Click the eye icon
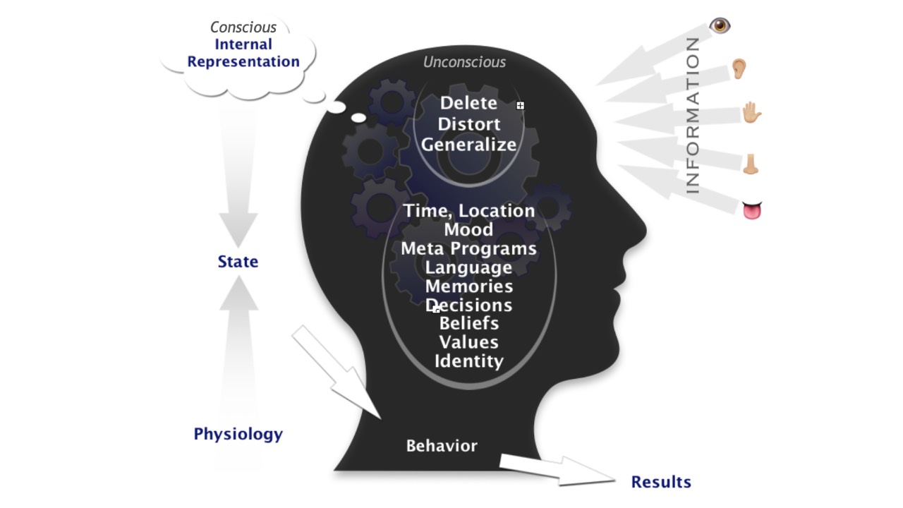coord(720,26)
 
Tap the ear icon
coord(738,68)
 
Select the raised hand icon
coord(752,113)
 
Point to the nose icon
coord(751,164)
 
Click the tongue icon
coord(752,210)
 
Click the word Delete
coord(468,103)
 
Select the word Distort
coord(469,124)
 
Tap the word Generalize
coord(469,145)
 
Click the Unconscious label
coord(464,62)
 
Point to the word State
coord(238,262)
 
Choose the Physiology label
coord(238,434)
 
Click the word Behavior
coord(442,446)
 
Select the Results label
coord(661,483)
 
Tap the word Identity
coord(468,361)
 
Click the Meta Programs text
coord(468,249)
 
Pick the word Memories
coord(468,286)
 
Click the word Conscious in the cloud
coord(243,28)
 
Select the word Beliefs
coord(468,324)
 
